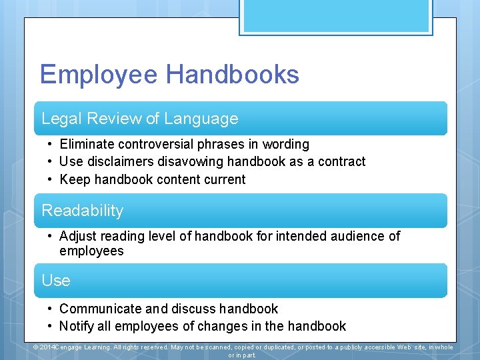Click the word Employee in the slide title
pyautogui.click(x=100, y=75)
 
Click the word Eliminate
pyautogui.click(x=87, y=144)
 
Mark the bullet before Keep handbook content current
pyautogui.click(x=50, y=179)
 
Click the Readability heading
pyautogui.click(x=83, y=211)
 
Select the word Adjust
pyautogui.click(x=78, y=236)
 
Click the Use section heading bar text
pyautogui.click(x=56, y=281)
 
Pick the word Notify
pyautogui.click(x=75, y=326)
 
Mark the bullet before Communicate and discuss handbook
pyautogui.click(x=50, y=309)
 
